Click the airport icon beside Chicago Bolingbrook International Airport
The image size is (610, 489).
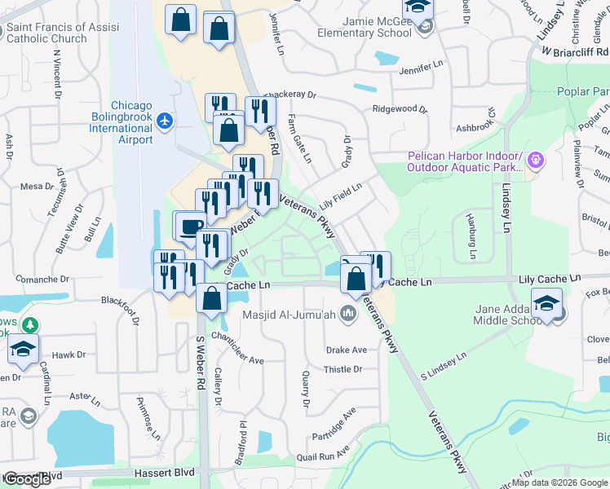pyautogui.click(x=166, y=121)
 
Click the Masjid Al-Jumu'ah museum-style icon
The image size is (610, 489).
pyautogui.click(x=349, y=313)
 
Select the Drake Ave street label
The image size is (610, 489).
pyautogui.click(x=347, y=350)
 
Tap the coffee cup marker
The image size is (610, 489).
pyautogui.click(x=192, y=225)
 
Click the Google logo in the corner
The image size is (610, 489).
pyautogui.click(x=27, y=479)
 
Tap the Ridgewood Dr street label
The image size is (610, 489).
pyautogui.click(x=400, y=108)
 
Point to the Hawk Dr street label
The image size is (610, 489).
pyautogui.click(x=69, y=355)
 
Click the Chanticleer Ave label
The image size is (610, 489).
pyautogui.click(x=237, y=347)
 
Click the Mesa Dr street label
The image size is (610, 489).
pyautogui.click(x=37, y=187)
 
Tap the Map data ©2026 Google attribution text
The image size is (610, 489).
pyautogui.click(x=559, y=482)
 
